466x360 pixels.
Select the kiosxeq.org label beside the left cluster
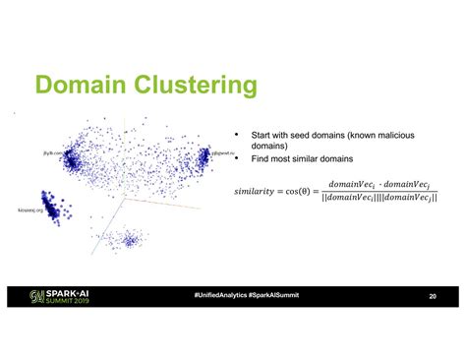[30, 210]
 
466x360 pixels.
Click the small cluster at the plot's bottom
[125, 238]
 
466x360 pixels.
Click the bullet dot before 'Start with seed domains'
[236, 135]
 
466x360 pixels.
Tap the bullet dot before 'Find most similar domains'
[236, 158]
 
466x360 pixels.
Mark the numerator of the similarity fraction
[382, 182]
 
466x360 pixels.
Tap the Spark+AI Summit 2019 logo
[65, 296]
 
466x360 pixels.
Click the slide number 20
[432, 296]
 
